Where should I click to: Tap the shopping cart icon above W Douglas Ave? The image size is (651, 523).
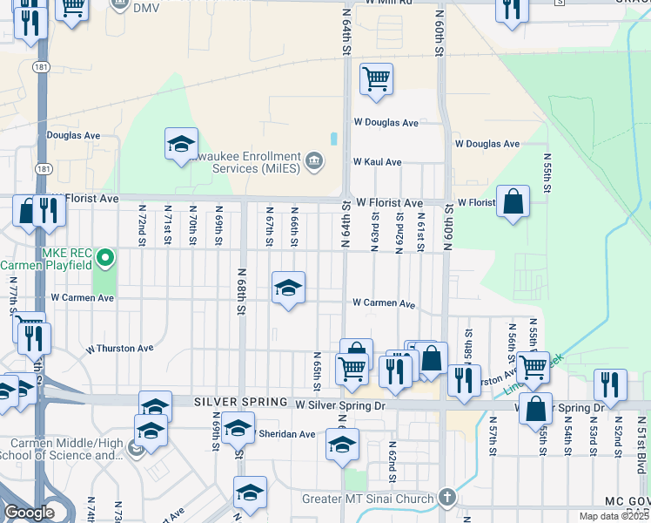[376, 79]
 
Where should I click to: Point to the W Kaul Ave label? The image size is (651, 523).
[376, 162]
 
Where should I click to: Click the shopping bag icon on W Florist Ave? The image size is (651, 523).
[513, 202]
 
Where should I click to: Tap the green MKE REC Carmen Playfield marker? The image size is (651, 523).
[105, 257]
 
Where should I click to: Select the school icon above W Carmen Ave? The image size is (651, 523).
[288, 288]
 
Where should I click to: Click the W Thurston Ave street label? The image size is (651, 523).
[119, 349]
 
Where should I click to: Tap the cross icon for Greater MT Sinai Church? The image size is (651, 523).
[446, 499]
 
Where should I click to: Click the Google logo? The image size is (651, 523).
[29, 513]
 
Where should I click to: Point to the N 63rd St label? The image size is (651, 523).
[375, 233]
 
